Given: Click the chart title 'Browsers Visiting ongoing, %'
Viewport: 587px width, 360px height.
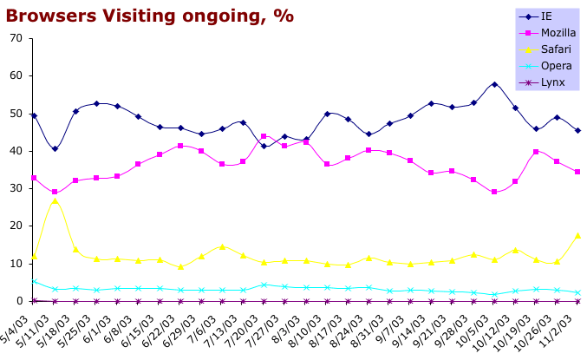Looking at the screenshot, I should [149, 16].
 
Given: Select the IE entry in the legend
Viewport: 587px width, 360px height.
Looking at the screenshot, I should [546, 16].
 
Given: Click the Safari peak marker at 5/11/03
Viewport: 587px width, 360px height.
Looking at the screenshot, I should [55, 201].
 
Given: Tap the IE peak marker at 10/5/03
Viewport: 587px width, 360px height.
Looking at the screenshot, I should [494, 84].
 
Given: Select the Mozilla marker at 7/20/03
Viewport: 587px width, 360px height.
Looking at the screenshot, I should [264, 136].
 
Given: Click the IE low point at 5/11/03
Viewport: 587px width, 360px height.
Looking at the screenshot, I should [55, 148].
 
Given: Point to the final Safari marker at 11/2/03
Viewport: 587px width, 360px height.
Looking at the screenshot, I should [577, 235].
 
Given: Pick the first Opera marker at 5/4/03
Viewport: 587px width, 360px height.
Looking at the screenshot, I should [34, 281].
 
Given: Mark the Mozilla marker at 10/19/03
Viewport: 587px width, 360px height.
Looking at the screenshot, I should [536, 152].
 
